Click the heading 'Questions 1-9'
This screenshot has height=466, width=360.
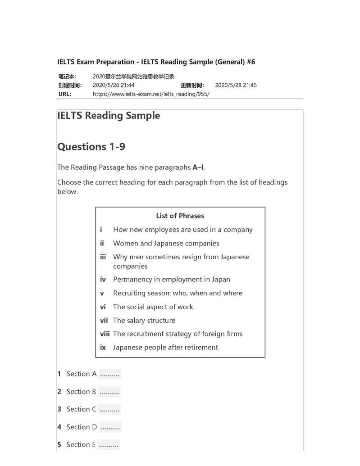pos(91,147)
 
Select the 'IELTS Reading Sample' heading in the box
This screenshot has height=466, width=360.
pos(109,116)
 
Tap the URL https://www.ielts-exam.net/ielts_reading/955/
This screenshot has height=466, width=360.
pos(151,94)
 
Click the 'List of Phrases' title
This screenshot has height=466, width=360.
pos(180,216)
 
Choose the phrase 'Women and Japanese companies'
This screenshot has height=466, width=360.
pos(166,244)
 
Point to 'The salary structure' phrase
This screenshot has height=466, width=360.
pos(144,321)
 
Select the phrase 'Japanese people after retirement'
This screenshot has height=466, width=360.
pos(165,348)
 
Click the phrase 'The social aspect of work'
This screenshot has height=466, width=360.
pos(153,307)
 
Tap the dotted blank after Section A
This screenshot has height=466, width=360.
pos(109,374)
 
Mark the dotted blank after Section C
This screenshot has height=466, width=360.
pos(109,410)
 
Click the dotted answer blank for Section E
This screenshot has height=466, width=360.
pos(109,445)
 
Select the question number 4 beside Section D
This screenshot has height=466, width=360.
pos(59,427)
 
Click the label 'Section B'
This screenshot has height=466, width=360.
pos(81,392)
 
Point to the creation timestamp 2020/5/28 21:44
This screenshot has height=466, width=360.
pos(114,85)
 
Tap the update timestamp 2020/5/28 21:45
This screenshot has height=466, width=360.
pos(236,85)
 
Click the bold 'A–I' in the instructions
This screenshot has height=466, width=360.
pos(198,167)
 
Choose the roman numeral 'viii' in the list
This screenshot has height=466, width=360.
pos(105,334)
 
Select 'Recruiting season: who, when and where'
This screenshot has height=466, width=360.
pos(178,293)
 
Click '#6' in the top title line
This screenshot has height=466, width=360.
pos(251,62)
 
